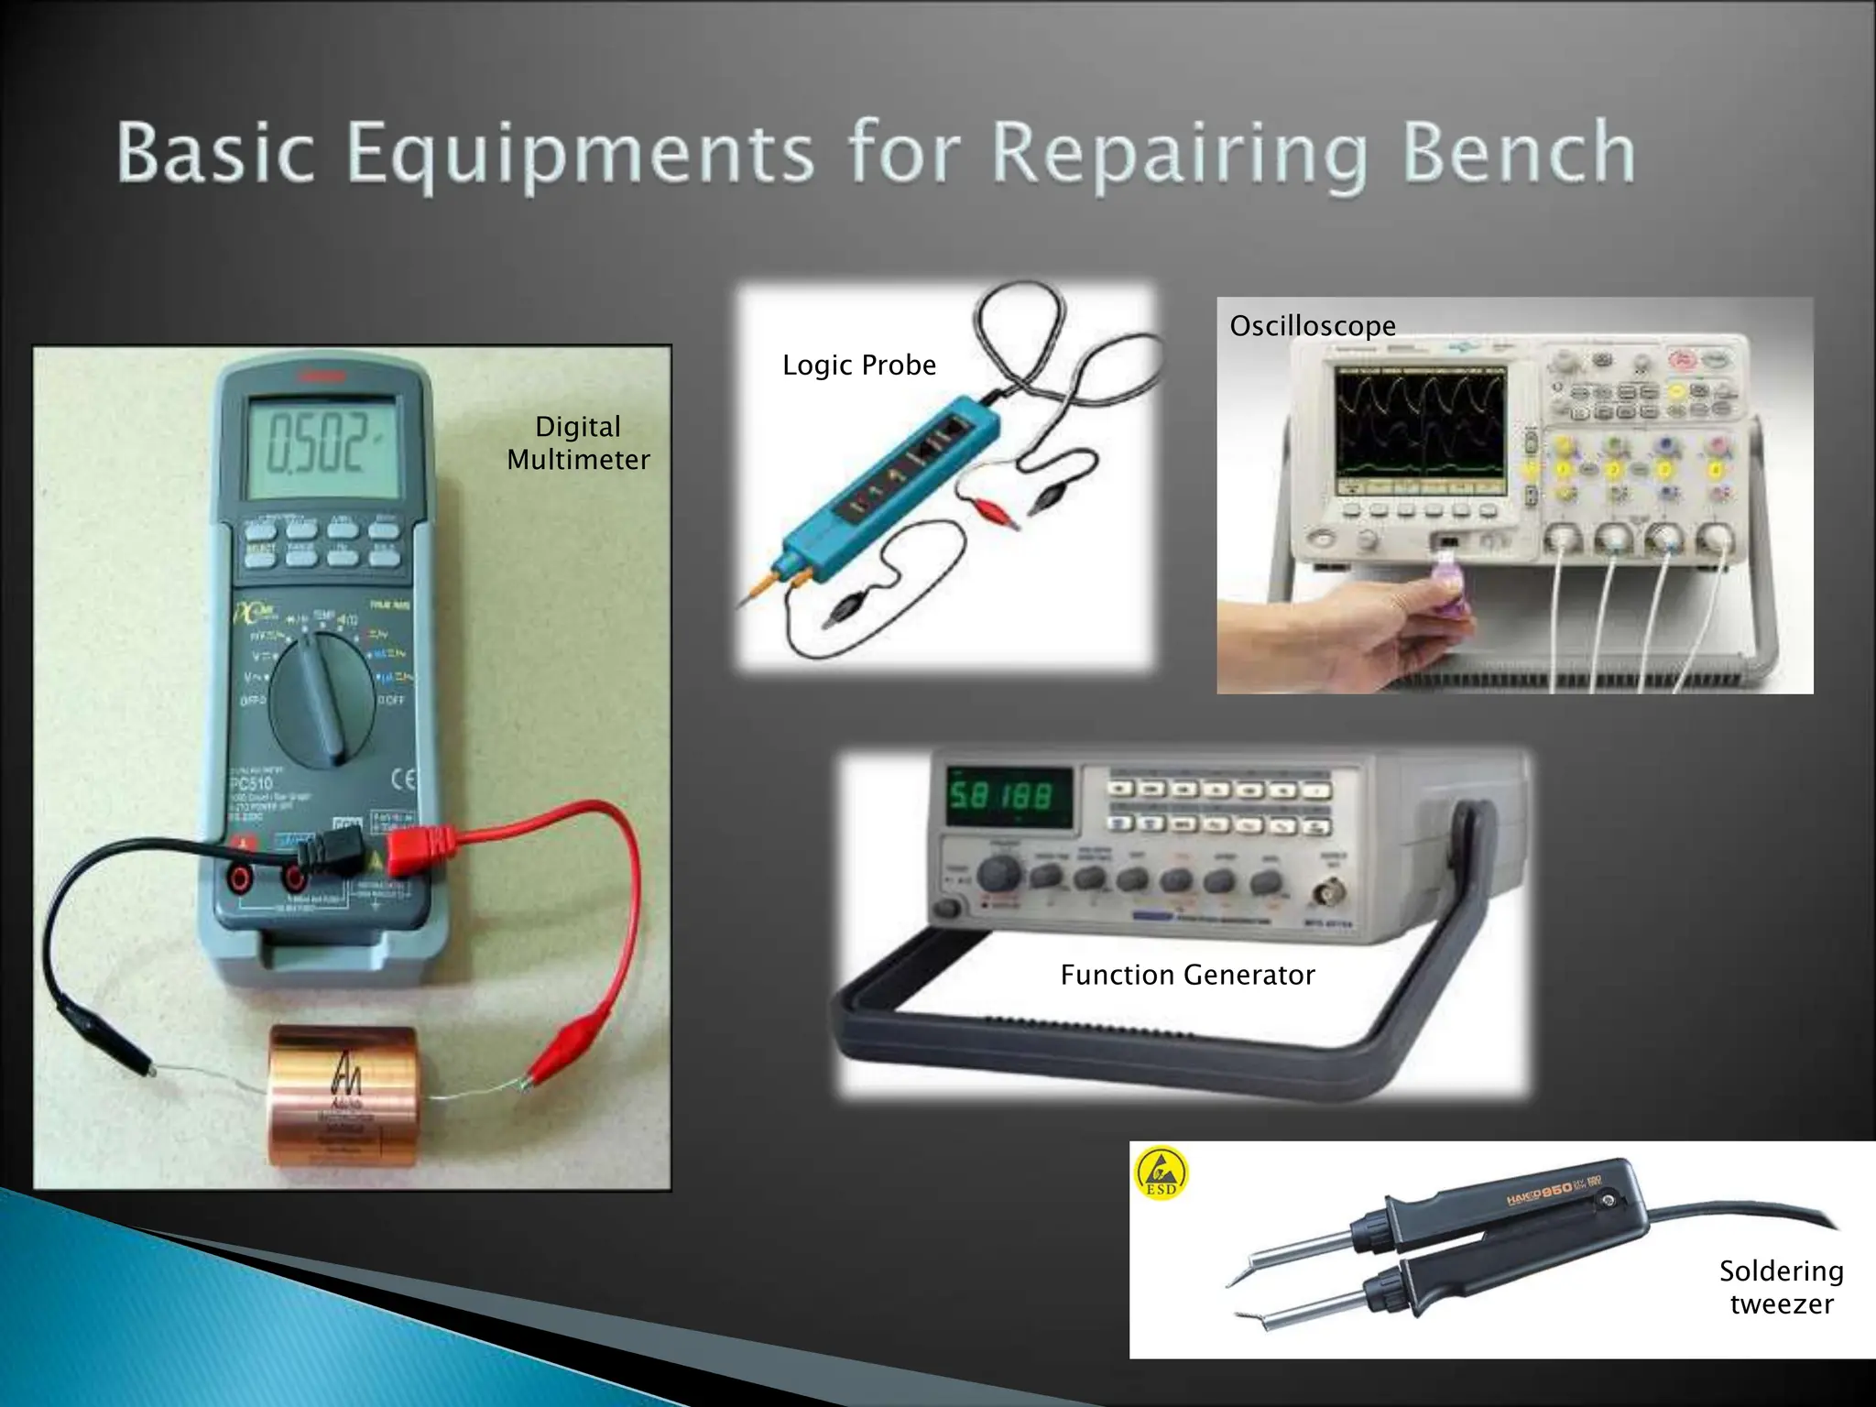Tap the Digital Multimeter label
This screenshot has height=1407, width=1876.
tap(578, 442)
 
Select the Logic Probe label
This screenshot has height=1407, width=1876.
tap(858, 365)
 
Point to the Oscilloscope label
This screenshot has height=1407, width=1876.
tap(1312, 325)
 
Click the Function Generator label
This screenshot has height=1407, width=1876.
tap(1187, 975)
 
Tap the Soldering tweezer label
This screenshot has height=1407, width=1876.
tap(1781, 1287)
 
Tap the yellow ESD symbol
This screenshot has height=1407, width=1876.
tap(1162, 1173)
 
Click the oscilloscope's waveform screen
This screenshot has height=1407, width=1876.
tap(1420, 425)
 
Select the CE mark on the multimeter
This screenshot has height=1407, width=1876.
tap(403, 780)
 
